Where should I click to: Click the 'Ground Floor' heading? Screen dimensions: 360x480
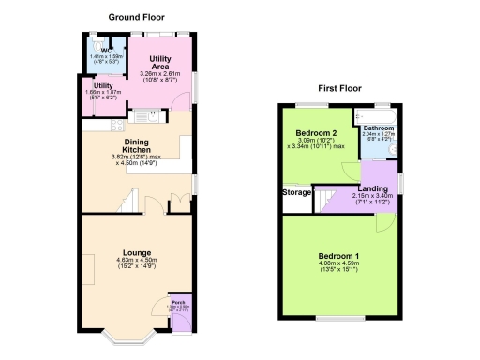click(x=137, y=17)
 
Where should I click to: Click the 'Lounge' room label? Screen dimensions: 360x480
click(x=135, y=252)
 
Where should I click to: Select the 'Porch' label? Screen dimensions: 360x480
click(x=178, y=302)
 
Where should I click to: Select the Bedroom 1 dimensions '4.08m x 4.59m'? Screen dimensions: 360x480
click(x=338, y=264)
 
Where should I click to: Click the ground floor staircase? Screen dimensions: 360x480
click(x=127, y=201)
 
